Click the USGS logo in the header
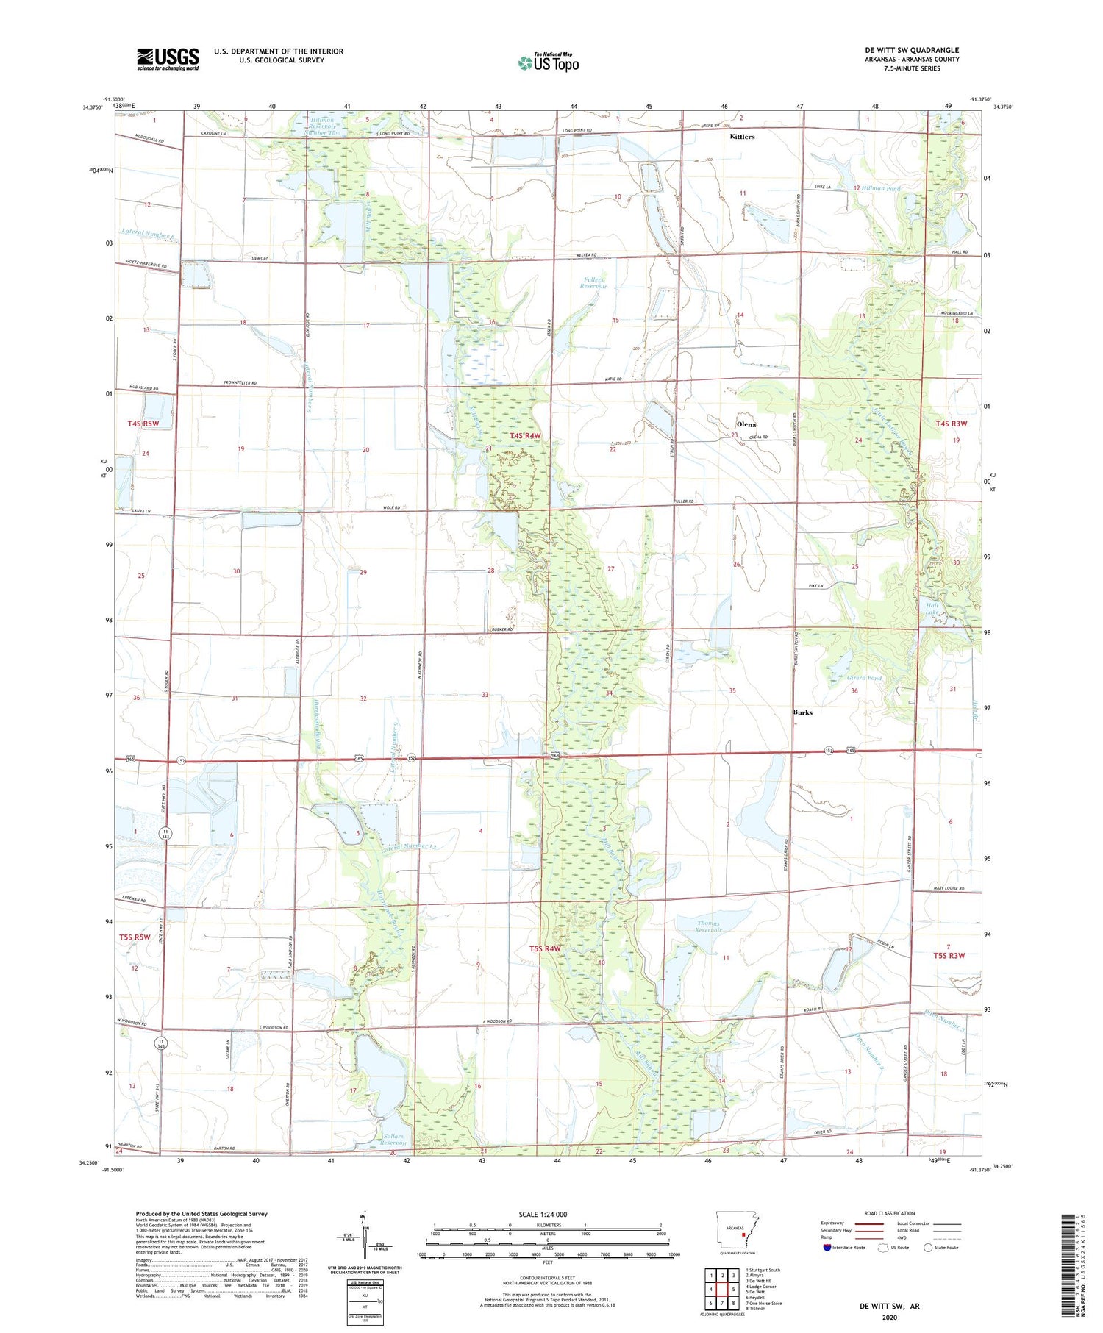(168, 59)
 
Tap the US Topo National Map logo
(549, 62)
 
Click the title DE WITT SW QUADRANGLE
(912, 50)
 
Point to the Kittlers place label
(741, 137)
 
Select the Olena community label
(746, 425)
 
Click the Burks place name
(802, 712)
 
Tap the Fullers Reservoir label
(593, 282)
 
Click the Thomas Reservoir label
(709, 926)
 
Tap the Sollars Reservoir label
(394, 1140)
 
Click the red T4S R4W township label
(525, 436)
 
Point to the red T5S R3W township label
(949, 956)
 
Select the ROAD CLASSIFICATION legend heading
(889, 1213)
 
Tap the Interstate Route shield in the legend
(827, 1248)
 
